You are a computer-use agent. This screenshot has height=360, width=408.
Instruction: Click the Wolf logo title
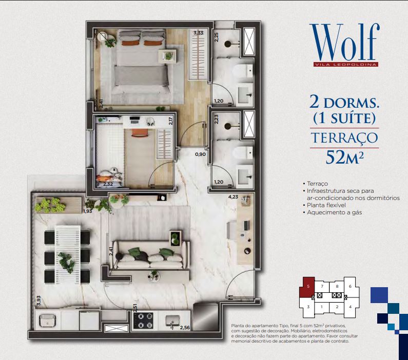(344, 42)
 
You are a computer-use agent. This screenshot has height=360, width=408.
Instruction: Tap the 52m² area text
(344, 157)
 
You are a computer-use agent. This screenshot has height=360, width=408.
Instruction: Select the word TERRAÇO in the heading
(344, 138)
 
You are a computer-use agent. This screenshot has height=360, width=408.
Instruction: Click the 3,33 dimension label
(198, 33)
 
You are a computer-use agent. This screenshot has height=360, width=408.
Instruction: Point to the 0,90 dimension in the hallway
(200, 154)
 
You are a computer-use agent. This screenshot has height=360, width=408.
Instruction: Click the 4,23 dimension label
(233, 197)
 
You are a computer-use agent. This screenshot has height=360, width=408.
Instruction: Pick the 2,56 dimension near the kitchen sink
(185, 328)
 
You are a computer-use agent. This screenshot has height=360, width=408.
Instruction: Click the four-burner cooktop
(143, 321)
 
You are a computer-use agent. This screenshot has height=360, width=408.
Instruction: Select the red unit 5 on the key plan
(307, 288)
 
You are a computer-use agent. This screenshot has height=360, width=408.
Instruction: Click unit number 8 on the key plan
(337, 287)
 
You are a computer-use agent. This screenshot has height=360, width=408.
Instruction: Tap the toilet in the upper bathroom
(243, 71)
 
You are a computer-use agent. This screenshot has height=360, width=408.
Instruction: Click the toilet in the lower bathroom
(243, 152)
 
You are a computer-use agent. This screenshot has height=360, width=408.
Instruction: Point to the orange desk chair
(140, 132)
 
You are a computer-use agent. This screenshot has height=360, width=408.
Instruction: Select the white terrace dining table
(67, 254)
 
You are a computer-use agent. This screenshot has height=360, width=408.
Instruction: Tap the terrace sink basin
(47, 320)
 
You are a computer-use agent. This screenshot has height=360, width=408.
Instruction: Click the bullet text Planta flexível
(326, 205)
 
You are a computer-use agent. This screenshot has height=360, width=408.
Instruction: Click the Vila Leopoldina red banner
(345, 65)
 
